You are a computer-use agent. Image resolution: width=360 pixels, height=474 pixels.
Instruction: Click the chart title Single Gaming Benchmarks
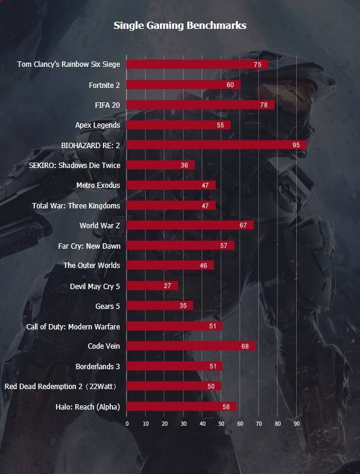tap(180, 25)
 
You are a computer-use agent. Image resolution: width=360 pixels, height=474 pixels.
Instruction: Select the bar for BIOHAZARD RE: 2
tap(217, 145)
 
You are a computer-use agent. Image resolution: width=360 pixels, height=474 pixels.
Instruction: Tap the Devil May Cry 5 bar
tap(152, 285)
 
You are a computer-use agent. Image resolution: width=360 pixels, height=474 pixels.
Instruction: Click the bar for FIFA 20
tap(200, 105)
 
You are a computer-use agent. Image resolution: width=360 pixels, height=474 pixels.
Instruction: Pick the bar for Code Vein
tap(191, 346)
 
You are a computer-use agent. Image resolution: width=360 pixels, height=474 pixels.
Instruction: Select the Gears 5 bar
tap(160, 305)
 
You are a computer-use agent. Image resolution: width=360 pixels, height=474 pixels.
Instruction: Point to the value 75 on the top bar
tap(258, 64)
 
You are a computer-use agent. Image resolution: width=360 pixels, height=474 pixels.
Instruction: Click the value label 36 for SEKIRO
tap(184, 165)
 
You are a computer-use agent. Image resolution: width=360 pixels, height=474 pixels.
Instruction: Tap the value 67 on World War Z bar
tap(243, 225)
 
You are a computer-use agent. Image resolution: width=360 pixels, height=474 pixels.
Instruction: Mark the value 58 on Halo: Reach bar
tap(226, 407)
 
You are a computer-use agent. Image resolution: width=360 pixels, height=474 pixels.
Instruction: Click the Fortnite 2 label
tap(104, 86)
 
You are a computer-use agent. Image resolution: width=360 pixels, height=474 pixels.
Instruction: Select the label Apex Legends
tap(98, 125)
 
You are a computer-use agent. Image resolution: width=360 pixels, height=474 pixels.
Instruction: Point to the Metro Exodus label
tap(98, 186)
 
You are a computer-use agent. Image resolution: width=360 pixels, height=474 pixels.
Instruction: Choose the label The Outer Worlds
tap(92, 266)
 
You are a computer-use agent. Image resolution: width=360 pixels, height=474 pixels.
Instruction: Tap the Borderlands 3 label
tap(98, 366)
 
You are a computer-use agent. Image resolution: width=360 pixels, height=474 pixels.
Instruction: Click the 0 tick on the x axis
tap(127, 424)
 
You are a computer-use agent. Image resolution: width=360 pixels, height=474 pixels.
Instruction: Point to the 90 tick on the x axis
tap(297, 424)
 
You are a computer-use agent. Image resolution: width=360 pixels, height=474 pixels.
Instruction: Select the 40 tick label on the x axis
tap(202, 424)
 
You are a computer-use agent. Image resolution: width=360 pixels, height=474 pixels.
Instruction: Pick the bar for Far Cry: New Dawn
tap(181, 245)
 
